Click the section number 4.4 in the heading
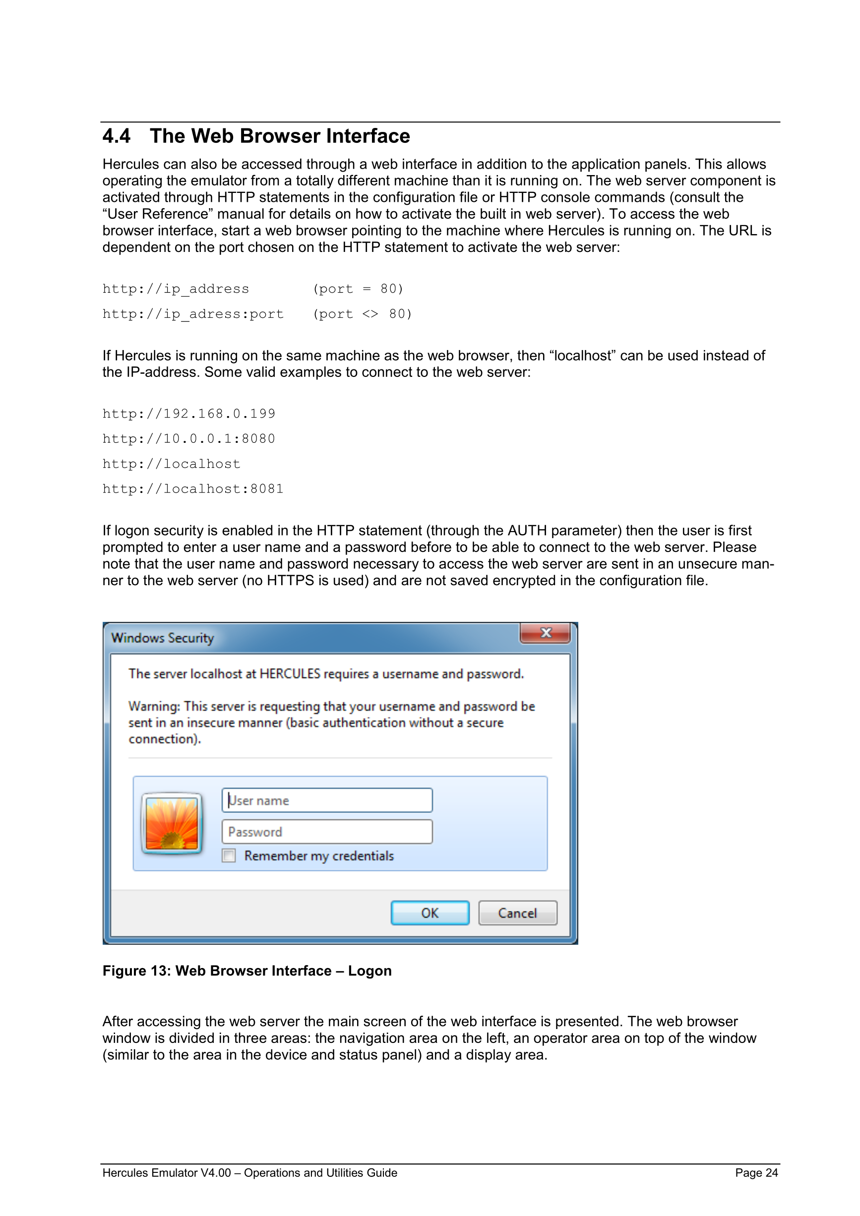[x=116, y=136]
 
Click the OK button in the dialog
[x=430, y=912]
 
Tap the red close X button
[x=545, y=633]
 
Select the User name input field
[x=327, y=800]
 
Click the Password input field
[x=327, y=832]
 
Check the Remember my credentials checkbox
[x=229, y=856]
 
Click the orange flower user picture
[x=172, y=824]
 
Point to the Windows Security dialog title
[x=163, y=638]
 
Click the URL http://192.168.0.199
[x=188, y=414]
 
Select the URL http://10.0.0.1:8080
[x=188, y=438]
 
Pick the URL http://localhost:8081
[x=193, y=489]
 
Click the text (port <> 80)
[x=362, y=314]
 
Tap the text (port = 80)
[x=358, y=289]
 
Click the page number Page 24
[x=756, y=1173]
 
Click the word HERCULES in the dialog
[x=290, y=673]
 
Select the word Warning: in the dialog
[x=154, y=707]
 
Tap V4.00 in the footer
[x=216, y=1173]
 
